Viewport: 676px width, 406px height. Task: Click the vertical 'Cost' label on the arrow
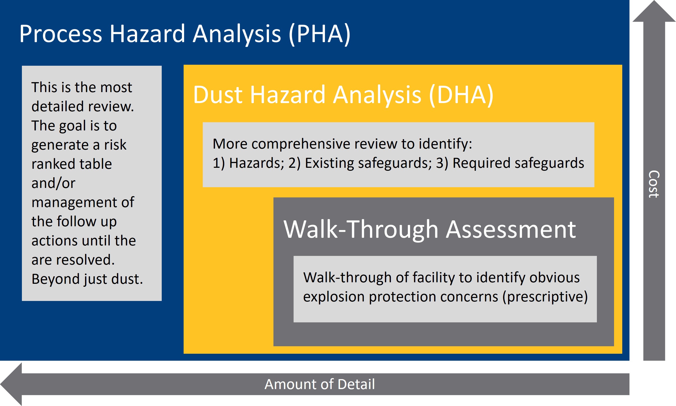pos(654,184)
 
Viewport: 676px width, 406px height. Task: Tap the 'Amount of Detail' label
pos(319,384)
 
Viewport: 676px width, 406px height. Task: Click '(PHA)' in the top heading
pos(319,34)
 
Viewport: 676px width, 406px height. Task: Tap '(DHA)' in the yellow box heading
pos(461,95)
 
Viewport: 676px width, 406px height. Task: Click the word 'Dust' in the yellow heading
pos(218,95)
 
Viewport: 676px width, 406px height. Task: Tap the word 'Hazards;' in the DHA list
pos(257,163)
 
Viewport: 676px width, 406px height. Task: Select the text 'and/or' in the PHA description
pos(53,183)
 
